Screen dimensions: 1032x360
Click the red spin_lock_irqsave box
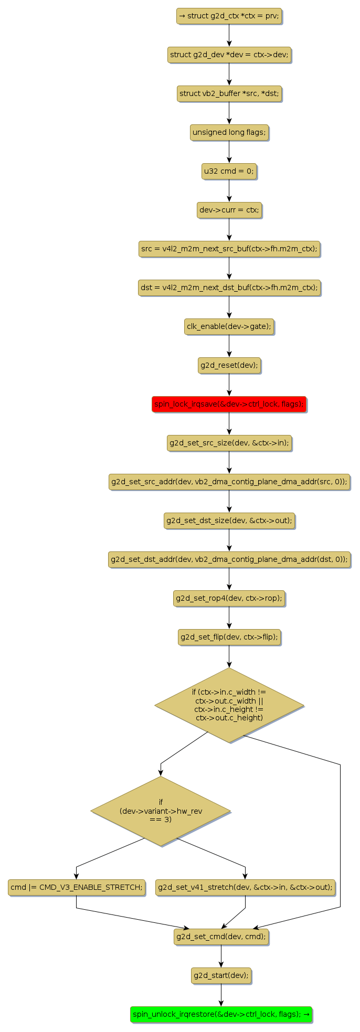tap(229, 404)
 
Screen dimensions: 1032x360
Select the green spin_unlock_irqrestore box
tap(221, 1014)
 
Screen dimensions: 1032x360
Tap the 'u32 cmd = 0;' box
tap(229, 171)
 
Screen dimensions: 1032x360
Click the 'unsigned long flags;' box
tap(229, 132)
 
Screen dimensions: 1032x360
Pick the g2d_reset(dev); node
tap(229, 365)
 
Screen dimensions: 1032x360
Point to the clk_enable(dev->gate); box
tap(229, 326)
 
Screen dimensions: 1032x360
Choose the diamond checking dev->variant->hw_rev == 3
tap(161, 811)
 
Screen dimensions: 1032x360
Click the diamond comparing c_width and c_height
tap(229, 705)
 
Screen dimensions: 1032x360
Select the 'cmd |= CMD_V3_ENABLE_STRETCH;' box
tap(77, 887)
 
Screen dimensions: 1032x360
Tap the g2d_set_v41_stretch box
tap(245, 887)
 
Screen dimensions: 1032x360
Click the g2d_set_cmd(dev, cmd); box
tap(221, 937)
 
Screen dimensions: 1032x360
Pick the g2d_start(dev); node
tap(221, 975)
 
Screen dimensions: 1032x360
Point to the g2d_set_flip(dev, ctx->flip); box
tap(229, 637)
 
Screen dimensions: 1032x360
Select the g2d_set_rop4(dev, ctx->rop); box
tap(229, 598)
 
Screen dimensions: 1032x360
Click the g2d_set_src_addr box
tap(229, 482)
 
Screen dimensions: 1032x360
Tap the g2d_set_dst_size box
tap(229, 520)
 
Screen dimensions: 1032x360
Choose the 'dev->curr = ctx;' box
tap(229, 210)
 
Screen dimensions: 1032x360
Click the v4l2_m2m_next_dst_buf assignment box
tap(229, 288)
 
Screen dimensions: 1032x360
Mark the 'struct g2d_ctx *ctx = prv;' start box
tap(229, 16)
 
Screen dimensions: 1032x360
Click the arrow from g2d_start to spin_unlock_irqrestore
tap(221, 995)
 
